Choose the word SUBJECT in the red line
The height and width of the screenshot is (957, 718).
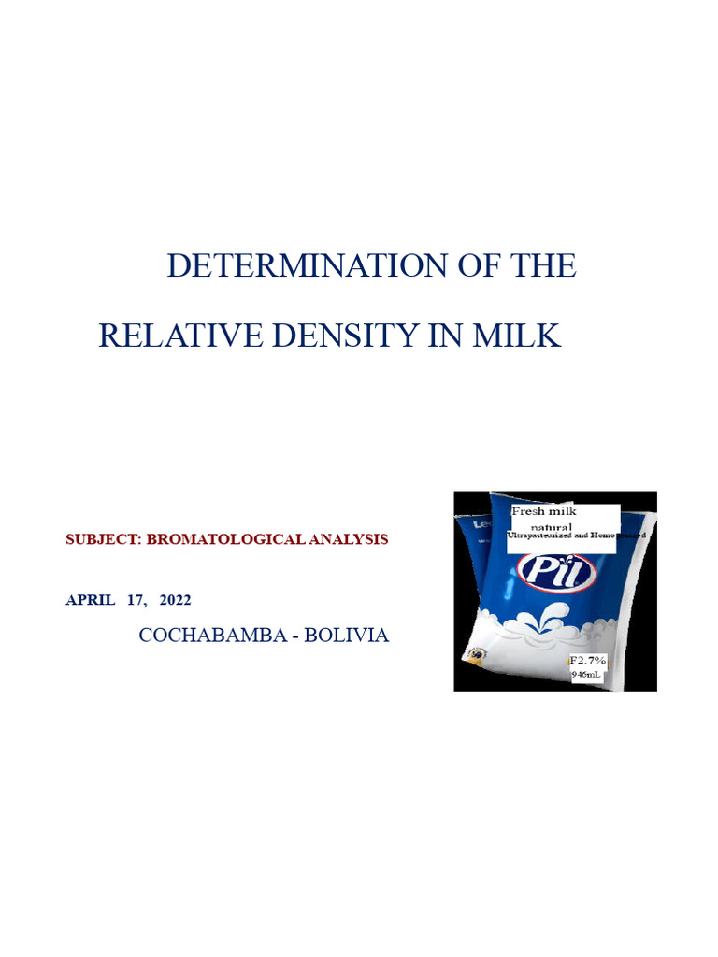pyautogui.click(x=96, y=540)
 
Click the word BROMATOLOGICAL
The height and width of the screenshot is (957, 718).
pyautogui.click(x=217, y=540)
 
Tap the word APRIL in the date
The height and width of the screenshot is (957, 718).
pyautogui.click(x=90, y=600)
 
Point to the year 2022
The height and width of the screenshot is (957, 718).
pyautogui.click(x=175, y=600)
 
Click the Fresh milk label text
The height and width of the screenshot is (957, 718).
pyautogui.click(x=544, y=511)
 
